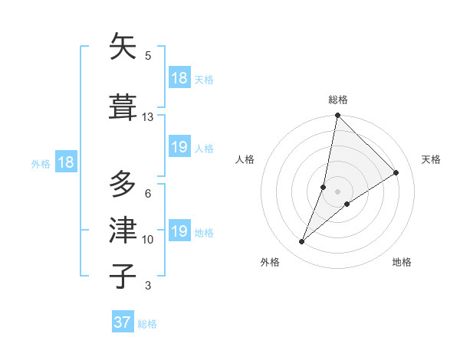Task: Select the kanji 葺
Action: (123, 106)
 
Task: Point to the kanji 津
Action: (123, 230)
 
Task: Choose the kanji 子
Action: (123, 276)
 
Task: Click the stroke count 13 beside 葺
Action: (148, 117)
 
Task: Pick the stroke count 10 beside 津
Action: (148, 240)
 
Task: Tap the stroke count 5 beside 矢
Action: (148, 56)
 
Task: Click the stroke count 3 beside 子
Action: (148, 286)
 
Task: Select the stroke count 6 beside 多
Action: (148, 194)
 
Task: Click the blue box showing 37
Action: (122, 322)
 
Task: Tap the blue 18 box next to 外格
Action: (65, 162)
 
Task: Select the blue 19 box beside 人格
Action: (179, 147)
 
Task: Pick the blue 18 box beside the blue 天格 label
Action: (179, 78)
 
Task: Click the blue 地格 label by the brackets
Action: (204, 232)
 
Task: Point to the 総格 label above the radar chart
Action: (338, 100)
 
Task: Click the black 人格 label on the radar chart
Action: (245, 159)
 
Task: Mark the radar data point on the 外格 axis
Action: (302, 242)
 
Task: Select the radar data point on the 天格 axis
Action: (396, 173)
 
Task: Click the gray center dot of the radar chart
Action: (338, 191)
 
